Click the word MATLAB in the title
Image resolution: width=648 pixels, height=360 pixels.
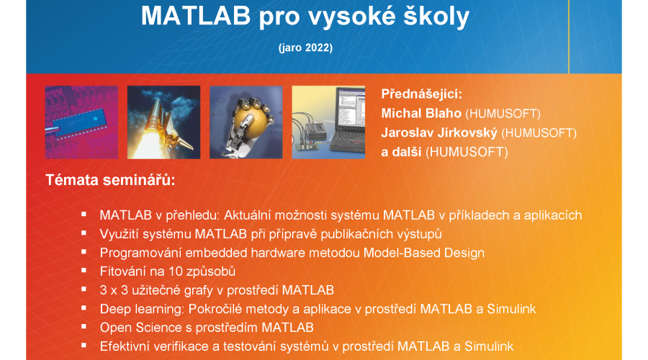point(196,16)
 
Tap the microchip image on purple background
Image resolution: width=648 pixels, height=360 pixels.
point(81,122)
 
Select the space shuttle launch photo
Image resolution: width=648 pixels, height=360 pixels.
point(163,122)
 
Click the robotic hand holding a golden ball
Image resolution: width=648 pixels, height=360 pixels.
point(246,122)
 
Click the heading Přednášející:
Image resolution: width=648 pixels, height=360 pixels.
point(421,94)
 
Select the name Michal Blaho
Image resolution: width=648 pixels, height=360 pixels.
point(421,113)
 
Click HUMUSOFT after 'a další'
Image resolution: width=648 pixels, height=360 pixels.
point(467,152)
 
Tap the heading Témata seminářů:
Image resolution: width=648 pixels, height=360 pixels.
point(110,180)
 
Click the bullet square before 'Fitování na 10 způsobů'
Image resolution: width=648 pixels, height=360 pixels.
point(84,271)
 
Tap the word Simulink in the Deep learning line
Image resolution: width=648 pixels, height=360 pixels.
point(511,309)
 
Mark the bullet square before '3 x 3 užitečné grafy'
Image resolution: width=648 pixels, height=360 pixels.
point(84,289)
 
